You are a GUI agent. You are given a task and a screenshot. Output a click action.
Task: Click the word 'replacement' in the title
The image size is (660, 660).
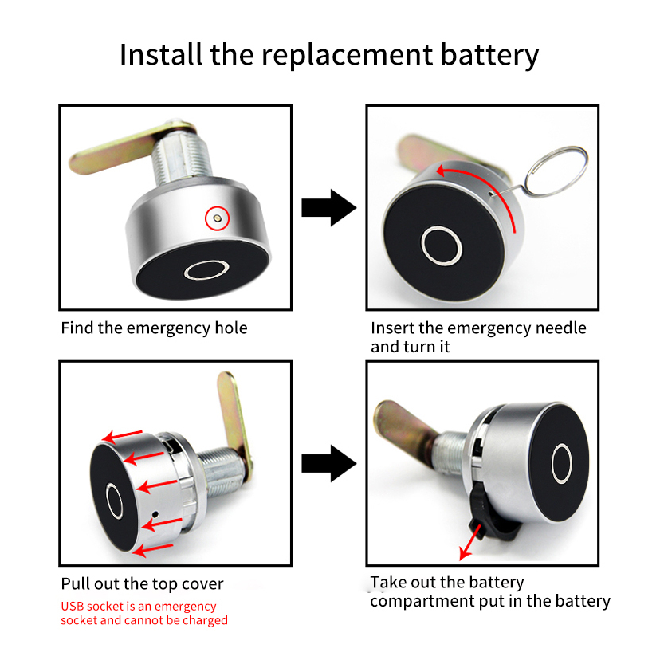click(x=348, y=56)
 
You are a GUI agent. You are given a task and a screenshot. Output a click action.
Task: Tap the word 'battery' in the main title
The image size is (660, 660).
click(x=489, y=55)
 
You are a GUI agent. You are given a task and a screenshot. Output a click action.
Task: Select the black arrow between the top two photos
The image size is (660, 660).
click(x=329, y=207)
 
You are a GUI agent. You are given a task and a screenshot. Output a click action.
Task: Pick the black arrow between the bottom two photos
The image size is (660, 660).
click(x=329, y=463)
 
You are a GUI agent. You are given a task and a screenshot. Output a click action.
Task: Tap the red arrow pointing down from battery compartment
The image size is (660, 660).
click(x=471, y=543)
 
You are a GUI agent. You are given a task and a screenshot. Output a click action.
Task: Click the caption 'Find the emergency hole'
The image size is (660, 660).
click(x=154, y=328)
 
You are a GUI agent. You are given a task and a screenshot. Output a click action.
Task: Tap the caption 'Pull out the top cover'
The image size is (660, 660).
click(x=142, y=584)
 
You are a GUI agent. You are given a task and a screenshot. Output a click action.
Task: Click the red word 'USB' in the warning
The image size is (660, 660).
click(x=72, y=606)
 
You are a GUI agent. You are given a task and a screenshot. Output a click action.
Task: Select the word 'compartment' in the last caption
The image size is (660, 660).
click(x=422, y=601)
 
